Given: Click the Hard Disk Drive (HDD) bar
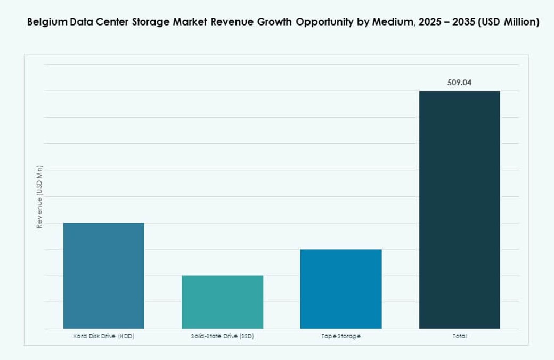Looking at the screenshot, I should pyautogui.click(x=103, y=275).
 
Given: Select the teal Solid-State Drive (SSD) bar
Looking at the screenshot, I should pyautogui.click(x=222, y=302).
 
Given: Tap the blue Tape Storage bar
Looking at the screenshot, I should pyautogui.click(x=341, y=289).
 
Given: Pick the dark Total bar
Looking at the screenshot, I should pyautogui.click(x=459, y=209).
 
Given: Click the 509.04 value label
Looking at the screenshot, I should pyautogui.click(x=459, y=83).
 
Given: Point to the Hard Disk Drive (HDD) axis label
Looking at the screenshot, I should pyautogui.click(x=103, y=337).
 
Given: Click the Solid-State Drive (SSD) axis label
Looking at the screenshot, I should pyautogui.click(x=222, y=337).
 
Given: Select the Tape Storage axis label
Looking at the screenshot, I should pyautogui.click(x=341, y=337).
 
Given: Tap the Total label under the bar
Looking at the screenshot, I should pyautogui.click(x=459, y=337).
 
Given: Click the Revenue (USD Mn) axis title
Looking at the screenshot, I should pyautogui.click(x=39, y=197).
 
